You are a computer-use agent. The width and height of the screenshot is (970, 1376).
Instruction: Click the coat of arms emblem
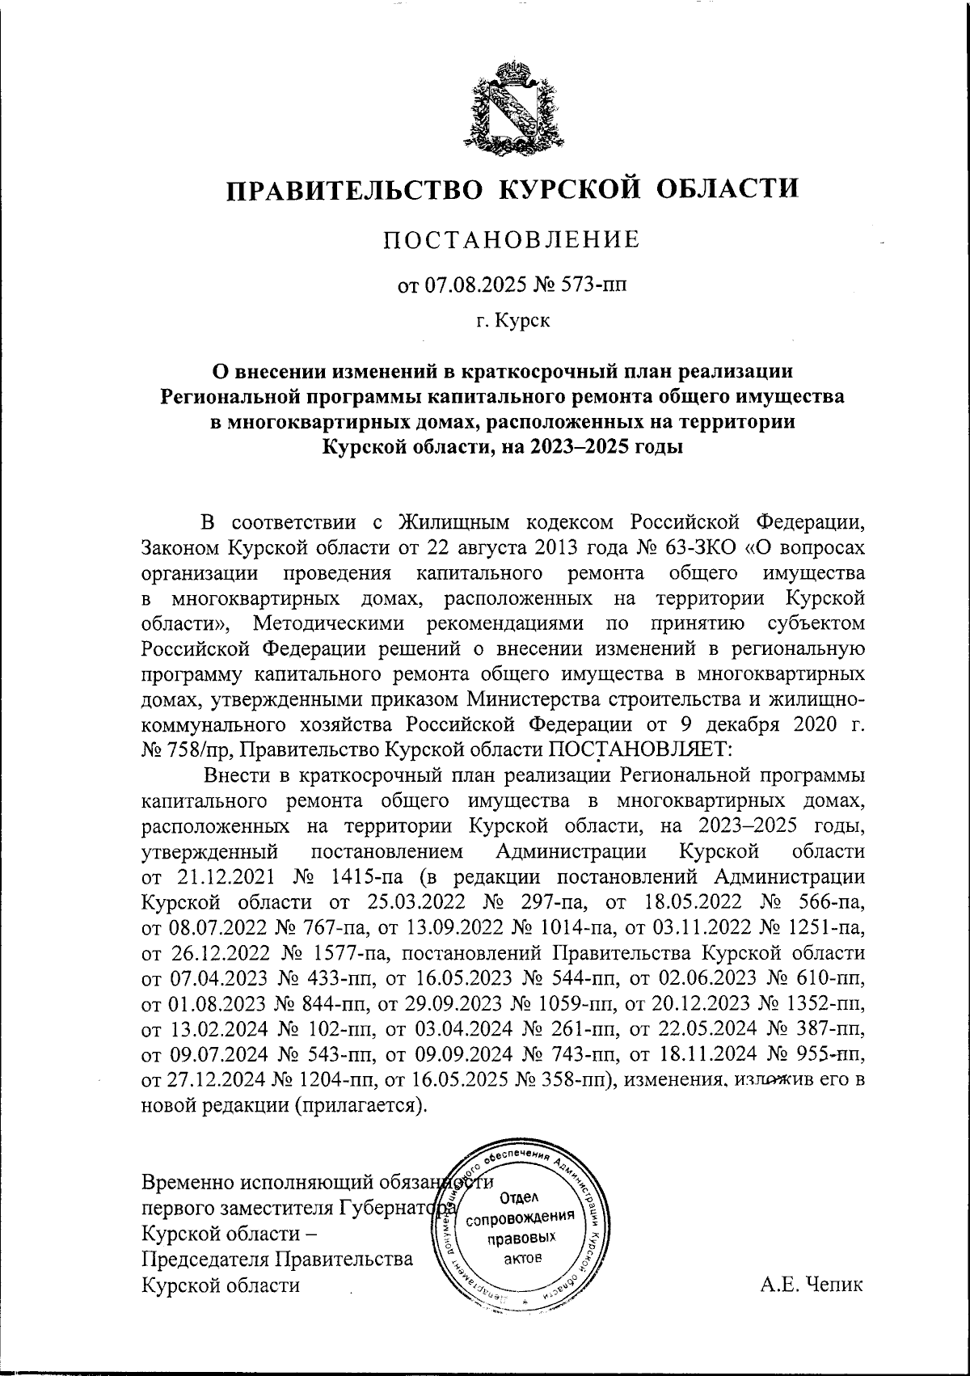[510, 108]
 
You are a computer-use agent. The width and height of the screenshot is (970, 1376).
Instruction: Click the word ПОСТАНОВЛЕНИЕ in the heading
[510, 239]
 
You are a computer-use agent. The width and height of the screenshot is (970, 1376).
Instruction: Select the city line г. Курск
[512, 322]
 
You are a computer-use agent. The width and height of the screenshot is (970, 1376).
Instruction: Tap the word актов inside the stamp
[526, 1258]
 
